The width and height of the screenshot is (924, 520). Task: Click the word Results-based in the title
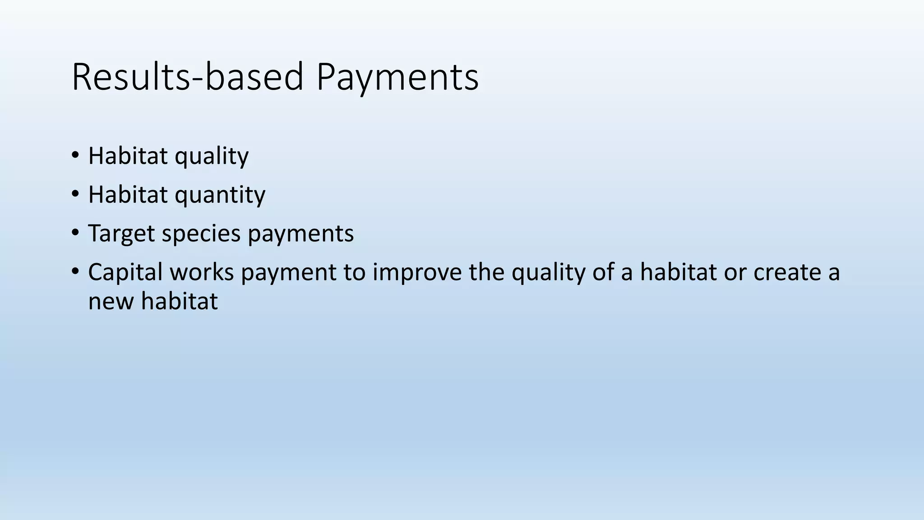187,77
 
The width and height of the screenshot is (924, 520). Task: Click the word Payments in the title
397,77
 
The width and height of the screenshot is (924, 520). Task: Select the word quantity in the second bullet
220,195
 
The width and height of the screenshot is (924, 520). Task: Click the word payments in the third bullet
300,234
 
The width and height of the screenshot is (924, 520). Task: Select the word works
202,273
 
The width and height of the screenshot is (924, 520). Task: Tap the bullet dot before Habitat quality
75,156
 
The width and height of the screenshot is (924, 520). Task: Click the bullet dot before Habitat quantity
75,195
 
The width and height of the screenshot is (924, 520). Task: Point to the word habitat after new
179,302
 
